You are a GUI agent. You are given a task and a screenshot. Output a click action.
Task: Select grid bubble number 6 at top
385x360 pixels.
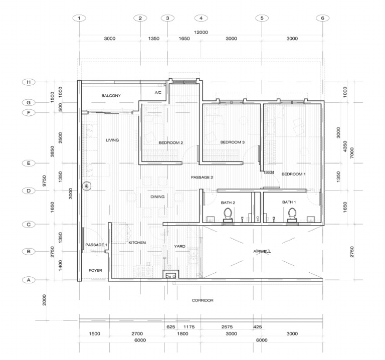coord(322,18)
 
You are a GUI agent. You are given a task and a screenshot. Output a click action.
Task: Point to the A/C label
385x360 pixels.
coord(158,93)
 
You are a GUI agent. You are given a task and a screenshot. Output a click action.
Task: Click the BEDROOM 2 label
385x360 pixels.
coord(170,143)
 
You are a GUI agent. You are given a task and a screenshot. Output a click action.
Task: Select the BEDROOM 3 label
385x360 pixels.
coord(232,142)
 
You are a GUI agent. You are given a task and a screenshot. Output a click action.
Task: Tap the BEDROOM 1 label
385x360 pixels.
coord(293,174)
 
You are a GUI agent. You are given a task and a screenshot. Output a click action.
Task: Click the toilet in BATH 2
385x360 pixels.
coord(228,214)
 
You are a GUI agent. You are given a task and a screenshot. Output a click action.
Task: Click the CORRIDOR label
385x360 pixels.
coord(203,300)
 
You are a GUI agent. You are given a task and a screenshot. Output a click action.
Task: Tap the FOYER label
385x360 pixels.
coord(95,270)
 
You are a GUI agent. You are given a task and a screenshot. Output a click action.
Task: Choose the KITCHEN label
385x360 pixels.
coord(137,243)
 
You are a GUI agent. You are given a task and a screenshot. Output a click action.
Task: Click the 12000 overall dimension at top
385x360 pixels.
coord(201,32)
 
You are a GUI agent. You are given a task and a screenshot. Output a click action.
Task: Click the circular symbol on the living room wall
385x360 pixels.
coord(87,186)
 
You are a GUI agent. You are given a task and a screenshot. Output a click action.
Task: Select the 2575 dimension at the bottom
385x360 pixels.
coord(231,326)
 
